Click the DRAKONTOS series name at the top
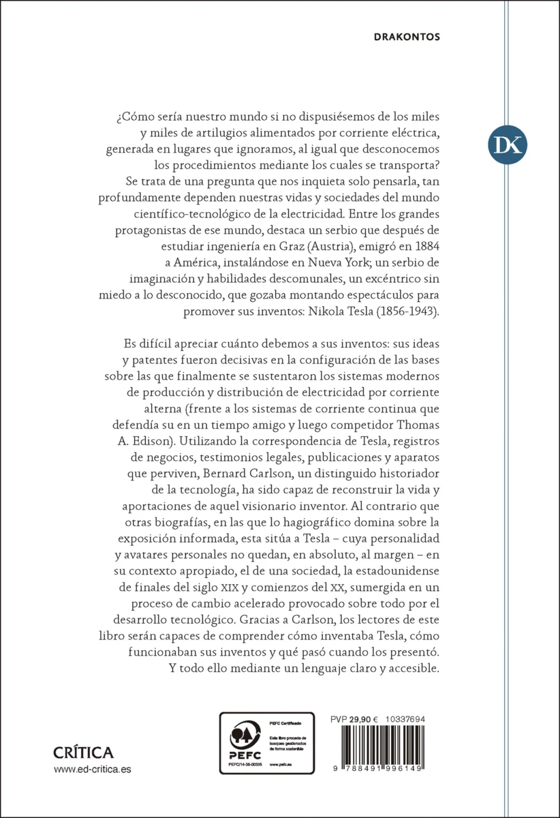click(407, 37)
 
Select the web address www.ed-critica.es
click(92, 769)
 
